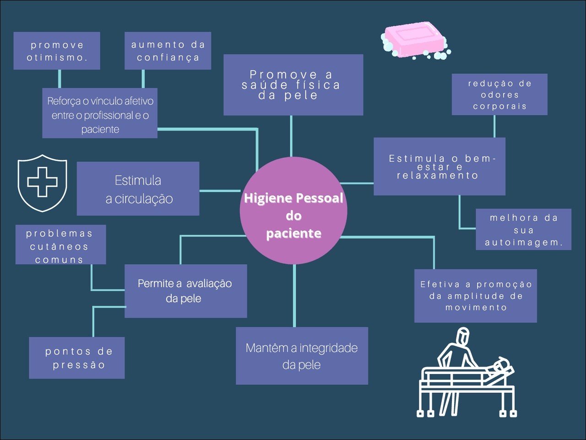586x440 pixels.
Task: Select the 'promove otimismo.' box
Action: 57,51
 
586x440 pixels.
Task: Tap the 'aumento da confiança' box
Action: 168,51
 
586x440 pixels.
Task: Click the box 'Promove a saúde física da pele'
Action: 293,85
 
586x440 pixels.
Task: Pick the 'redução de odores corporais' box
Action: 499,94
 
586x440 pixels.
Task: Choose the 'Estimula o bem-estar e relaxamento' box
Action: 439,166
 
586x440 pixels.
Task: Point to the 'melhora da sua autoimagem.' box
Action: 523,230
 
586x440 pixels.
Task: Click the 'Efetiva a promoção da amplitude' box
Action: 476,296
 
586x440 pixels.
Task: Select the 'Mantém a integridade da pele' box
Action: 302,356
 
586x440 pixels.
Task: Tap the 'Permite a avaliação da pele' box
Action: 185,291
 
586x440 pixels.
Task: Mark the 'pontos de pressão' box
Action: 77,358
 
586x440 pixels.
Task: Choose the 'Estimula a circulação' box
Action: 138,189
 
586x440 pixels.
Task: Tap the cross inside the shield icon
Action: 42,182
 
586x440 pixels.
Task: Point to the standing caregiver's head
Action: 463,335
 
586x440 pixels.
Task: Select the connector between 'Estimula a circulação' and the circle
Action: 220,191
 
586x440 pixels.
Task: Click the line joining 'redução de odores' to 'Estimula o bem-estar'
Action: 494,126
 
